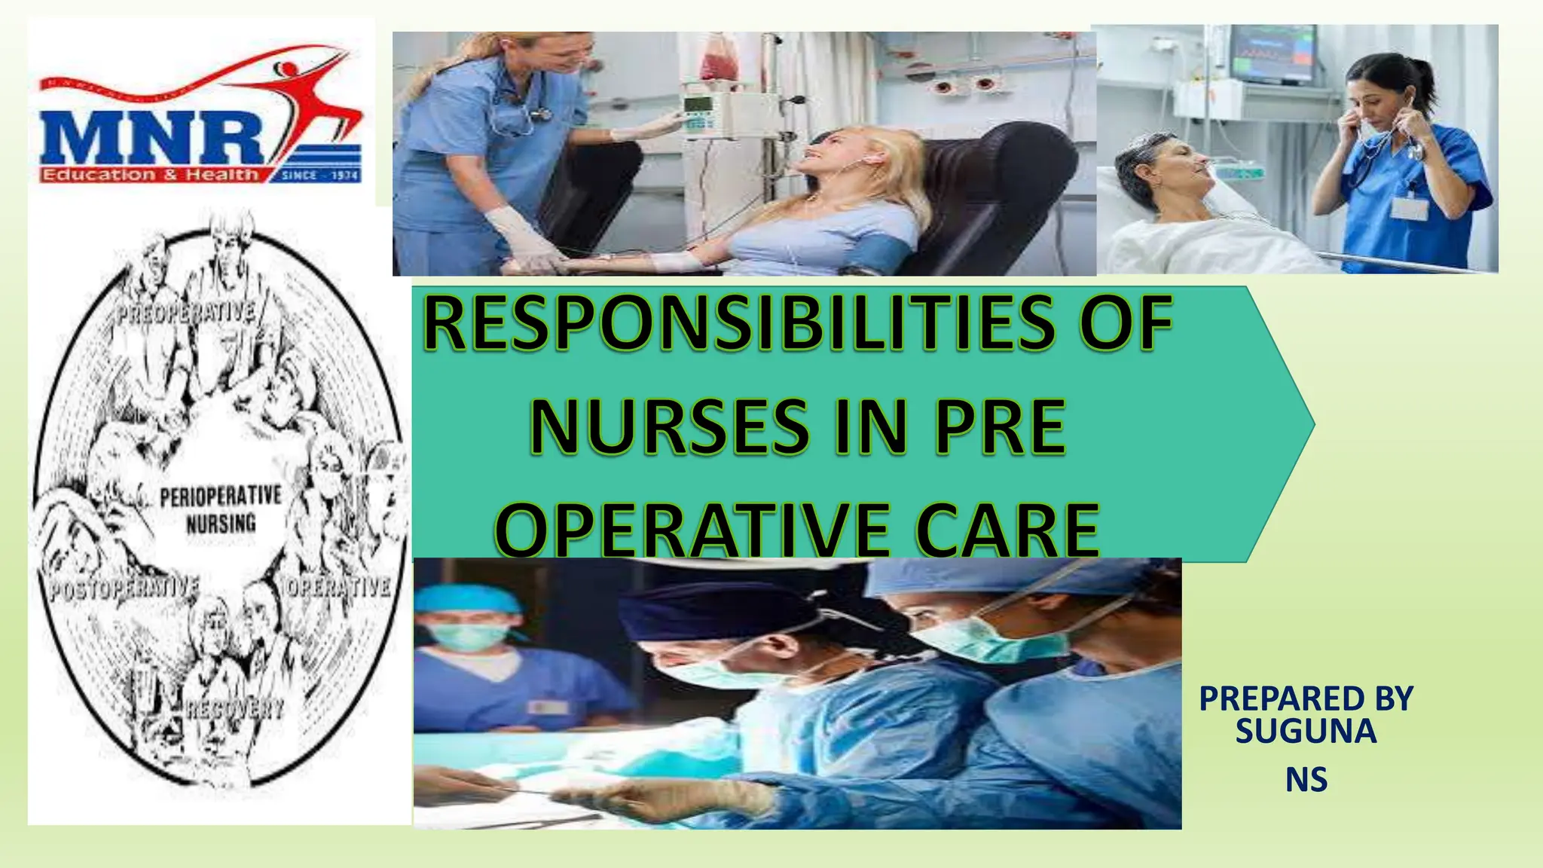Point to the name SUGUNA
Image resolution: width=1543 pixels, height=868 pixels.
(x=1306, y=732)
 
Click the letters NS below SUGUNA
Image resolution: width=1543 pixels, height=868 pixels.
(x=1306, y=780)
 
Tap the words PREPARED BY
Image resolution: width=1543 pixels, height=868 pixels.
(x=1306, y=698)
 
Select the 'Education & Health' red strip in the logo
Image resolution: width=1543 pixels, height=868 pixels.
(x=151, y=175)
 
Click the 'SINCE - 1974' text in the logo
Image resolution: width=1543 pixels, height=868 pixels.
(x=320, y=176)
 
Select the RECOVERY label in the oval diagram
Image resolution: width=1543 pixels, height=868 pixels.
(x=235, y=708)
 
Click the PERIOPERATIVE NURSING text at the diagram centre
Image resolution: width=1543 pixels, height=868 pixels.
(x=220, y=509)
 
